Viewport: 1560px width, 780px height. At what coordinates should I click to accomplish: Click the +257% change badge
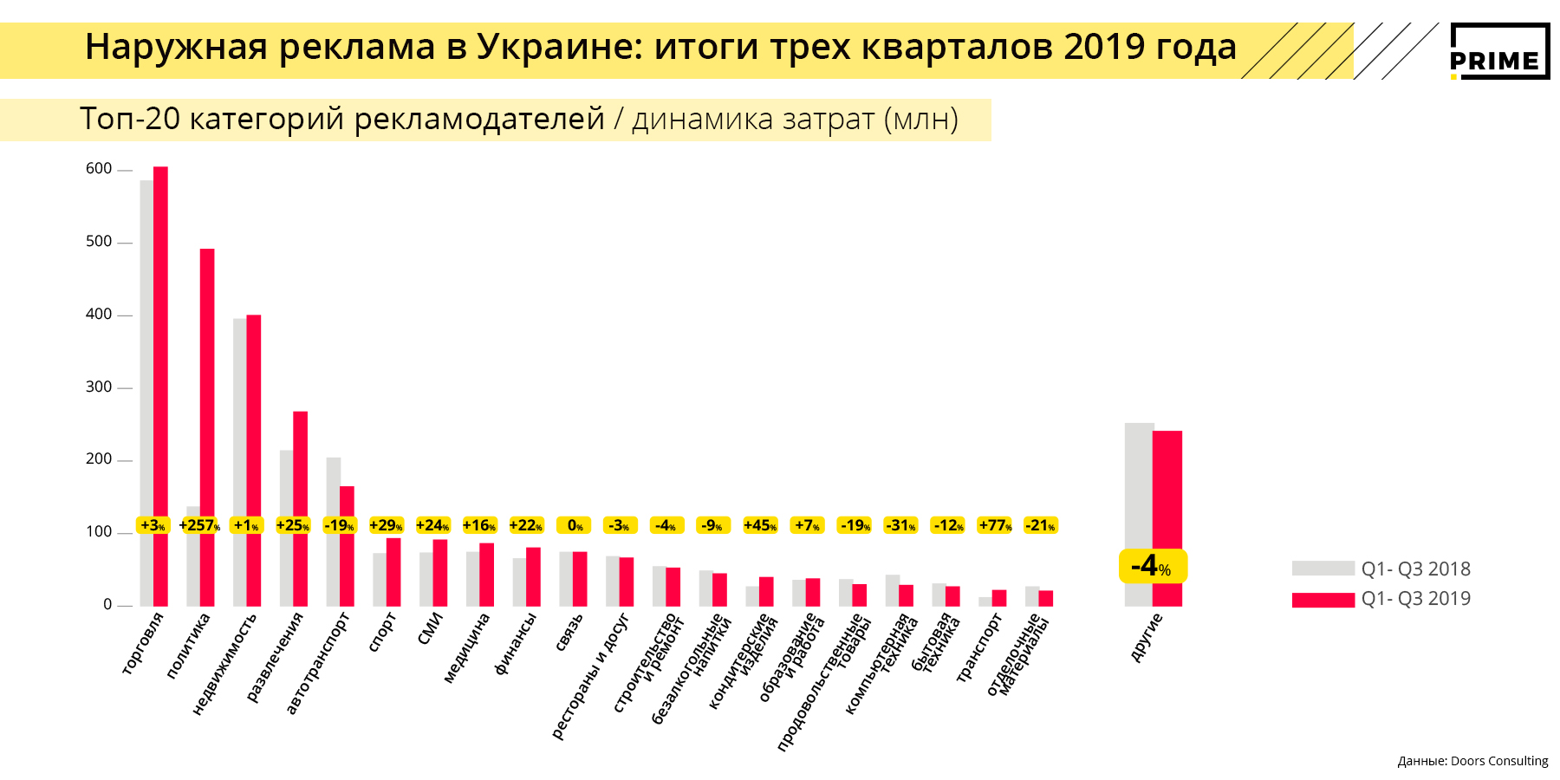(199, 525)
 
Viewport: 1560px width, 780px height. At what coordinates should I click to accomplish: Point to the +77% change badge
(995, 525)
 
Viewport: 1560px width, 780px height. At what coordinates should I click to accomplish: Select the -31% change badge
(900, 525)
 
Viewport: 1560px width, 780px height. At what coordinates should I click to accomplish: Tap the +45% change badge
(759, 525)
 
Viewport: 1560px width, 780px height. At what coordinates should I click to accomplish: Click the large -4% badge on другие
(1153, 566)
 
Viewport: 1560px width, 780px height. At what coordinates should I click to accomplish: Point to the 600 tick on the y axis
(99, 169)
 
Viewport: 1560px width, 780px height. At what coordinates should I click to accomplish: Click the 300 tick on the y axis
(99, 387)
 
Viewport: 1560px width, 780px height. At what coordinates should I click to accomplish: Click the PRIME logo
(1499, 52)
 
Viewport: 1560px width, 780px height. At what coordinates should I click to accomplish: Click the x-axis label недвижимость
(224, 664)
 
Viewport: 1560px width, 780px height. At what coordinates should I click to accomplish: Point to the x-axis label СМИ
(430, 628)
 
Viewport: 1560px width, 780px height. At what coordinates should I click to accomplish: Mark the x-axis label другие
(1147, 637)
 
